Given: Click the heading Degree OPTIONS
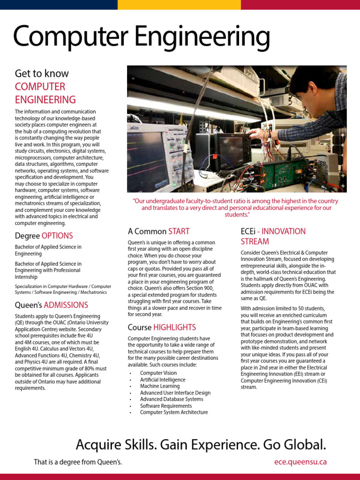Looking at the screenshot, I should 44,235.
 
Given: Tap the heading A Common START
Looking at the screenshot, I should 158,231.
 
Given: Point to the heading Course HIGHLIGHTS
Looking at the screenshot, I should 162,327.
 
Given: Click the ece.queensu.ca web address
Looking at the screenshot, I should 300,462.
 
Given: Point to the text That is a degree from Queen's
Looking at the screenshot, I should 78,462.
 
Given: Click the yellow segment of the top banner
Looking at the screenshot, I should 179,5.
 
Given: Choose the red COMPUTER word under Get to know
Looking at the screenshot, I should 40,87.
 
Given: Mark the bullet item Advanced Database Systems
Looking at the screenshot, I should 172,399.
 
